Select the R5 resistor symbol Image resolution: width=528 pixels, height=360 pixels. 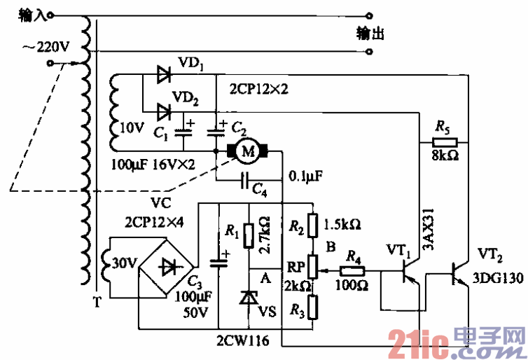(x=441, y=141)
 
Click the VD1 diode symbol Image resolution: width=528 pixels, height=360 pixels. (x=165, y=74)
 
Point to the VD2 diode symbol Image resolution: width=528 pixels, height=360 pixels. (x=165, y=109)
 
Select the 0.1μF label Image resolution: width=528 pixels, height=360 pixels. (x=307, y=176)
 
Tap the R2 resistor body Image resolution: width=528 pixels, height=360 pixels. (x=313, y=226)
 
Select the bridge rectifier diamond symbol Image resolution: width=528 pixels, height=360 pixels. (x=168, y=266)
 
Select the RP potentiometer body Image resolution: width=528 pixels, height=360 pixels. (x=313, y=266)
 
